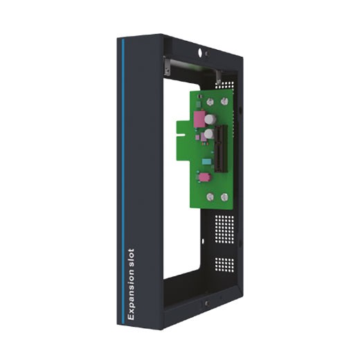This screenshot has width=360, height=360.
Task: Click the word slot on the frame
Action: (x=129, y=256)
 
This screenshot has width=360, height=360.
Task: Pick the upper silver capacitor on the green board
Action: (x=208, y=120)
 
